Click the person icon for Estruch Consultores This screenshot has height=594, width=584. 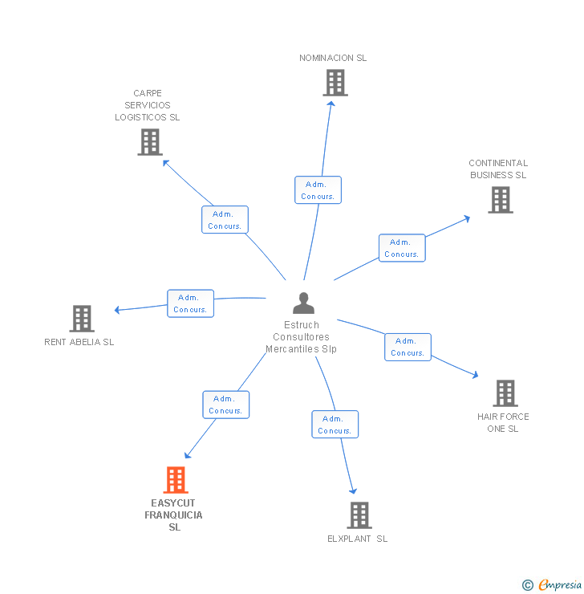click(x=303, y=303)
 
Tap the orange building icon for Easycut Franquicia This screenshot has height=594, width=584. click(x=176, y=480)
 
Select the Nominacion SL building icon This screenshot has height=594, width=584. click(x=335, y=83)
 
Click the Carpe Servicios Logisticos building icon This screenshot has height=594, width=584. click(x=150, y=142)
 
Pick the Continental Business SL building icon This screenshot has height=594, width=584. click(x=501, y=200)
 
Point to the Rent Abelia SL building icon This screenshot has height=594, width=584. click(x=82, y=319)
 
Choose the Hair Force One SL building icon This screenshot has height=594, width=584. click(x=505, y=393)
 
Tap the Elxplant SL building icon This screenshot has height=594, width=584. click(x=359, y=515)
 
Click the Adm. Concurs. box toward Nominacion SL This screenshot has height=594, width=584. click(x=318, y=190)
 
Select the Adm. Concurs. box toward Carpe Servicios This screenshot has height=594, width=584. click(x=225, y=220)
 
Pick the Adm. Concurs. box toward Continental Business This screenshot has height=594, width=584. click(x=401, y=248)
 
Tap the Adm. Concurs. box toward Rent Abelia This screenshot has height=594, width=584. click(x=190, y=303)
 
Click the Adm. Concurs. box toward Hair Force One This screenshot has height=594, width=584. click(x=408, y=347)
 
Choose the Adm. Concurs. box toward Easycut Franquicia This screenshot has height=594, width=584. click(x=225, y=405)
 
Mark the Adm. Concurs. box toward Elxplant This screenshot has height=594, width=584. click(x=335, y=425)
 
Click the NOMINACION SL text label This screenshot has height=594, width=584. click(x=333, y=58)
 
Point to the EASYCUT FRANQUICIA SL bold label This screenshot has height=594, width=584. click(x=174, y=515)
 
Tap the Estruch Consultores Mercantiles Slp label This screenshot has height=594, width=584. click(x=302, y=337)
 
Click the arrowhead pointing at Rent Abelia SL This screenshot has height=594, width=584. click(x=117, y=310)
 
